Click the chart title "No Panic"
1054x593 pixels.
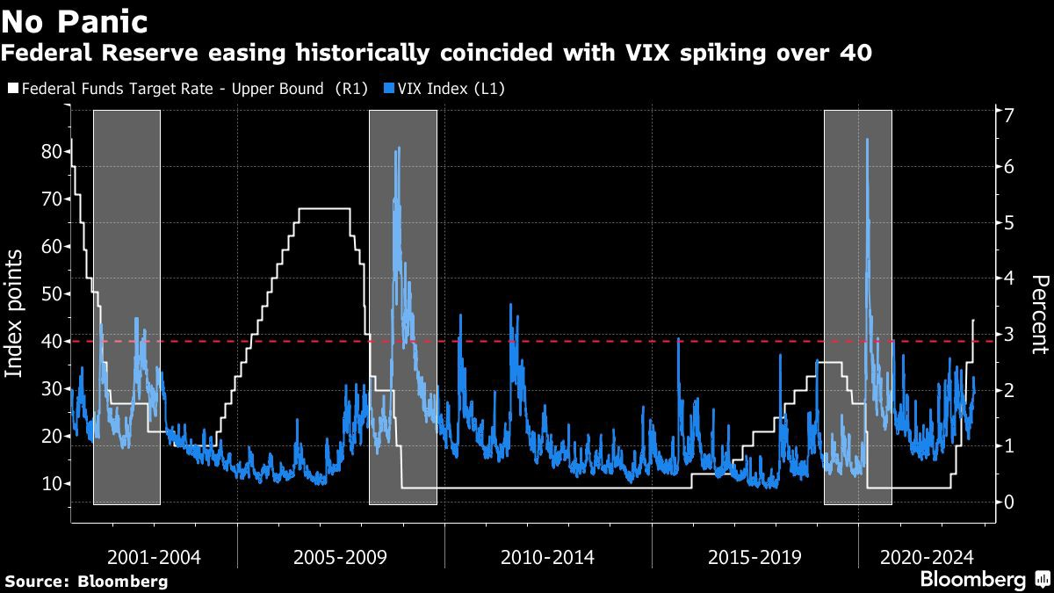point(74,19)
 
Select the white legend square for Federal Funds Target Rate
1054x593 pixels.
point(11,88)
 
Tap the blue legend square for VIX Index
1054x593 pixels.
point(389,88)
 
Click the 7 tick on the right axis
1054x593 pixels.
point(1009,114)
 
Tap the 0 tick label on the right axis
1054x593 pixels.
point(1009,502)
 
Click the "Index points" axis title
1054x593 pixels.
point(15,314)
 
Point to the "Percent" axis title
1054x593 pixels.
point(1040,314)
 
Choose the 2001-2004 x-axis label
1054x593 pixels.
point(154,557)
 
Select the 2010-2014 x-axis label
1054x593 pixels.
point(547,557)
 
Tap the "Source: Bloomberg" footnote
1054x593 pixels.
point(86,581)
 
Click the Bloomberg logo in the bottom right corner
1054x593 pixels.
point(984,579)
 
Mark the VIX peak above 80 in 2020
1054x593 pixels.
point(867,140)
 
